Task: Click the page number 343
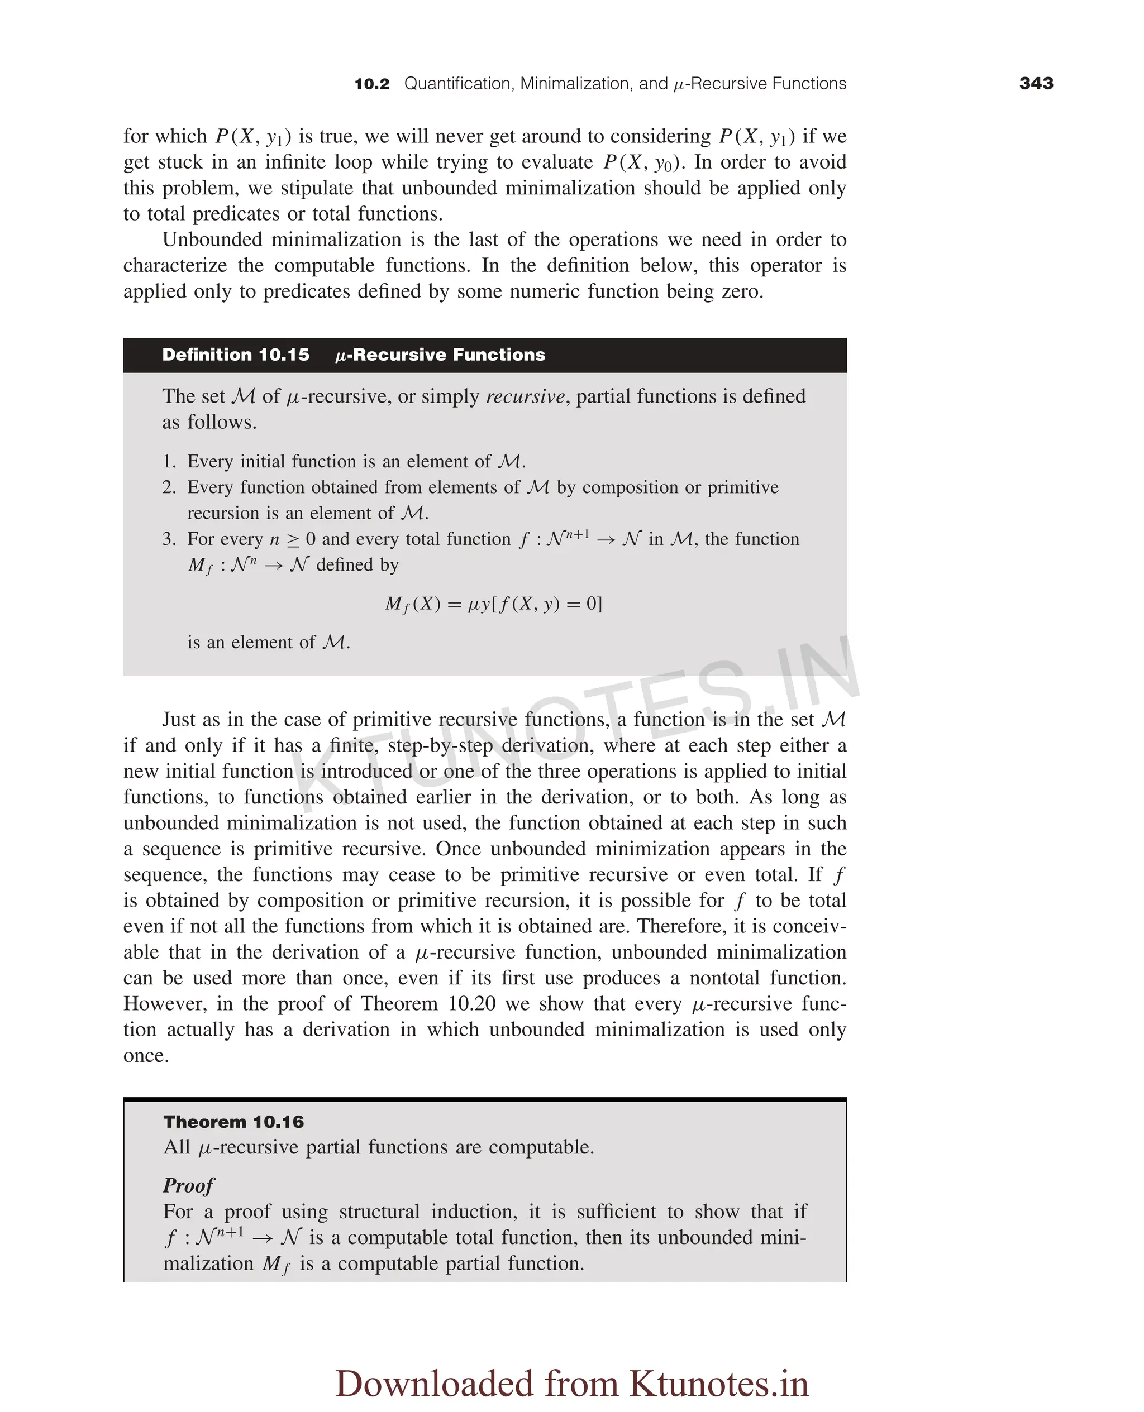point(1036,84)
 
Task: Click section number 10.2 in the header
point(371,84)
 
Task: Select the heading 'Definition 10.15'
point(235,355)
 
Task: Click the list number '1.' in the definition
point(169,462)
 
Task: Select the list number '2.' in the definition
point(169,487)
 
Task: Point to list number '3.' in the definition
point(169,539)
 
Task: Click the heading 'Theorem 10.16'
point(233,1122)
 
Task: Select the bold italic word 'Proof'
point(188,1185)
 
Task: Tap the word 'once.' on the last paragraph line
point(146,1056)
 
